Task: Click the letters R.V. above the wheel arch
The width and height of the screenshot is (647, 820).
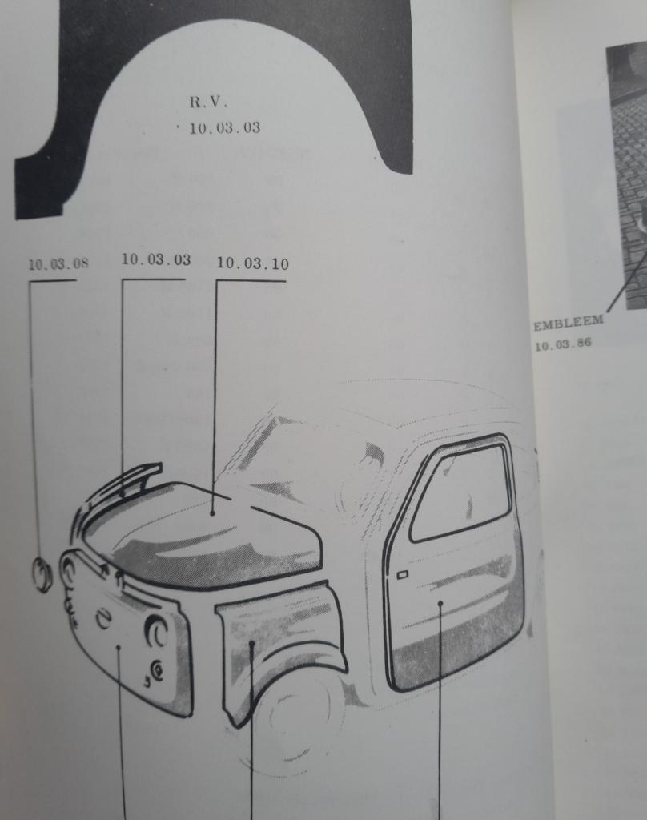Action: coord(208,102)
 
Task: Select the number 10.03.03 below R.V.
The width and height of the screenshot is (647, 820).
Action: coord(224,127)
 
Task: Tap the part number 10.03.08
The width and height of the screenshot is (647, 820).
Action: coord(58,264)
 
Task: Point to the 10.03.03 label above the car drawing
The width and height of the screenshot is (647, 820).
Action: coord(156,259)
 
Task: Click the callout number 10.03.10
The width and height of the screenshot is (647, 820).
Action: coord(252,263)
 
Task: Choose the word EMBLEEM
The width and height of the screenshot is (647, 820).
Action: coord(568,323)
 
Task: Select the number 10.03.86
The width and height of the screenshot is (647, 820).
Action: coord(563,344)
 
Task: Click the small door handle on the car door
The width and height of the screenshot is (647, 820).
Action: coord(402,575)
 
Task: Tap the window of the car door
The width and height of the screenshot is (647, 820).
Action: coord(460,493)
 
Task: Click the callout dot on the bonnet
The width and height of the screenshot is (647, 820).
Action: coord(212,513)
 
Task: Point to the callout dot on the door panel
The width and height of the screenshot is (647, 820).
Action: coord(440,604)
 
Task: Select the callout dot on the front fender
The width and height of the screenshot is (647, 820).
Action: coord(251,643)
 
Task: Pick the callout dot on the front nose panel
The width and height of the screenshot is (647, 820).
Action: coord(119,647)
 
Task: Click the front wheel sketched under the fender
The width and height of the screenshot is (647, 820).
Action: coord(293,722)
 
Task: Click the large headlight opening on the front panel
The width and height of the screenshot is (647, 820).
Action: coord(156,631)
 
